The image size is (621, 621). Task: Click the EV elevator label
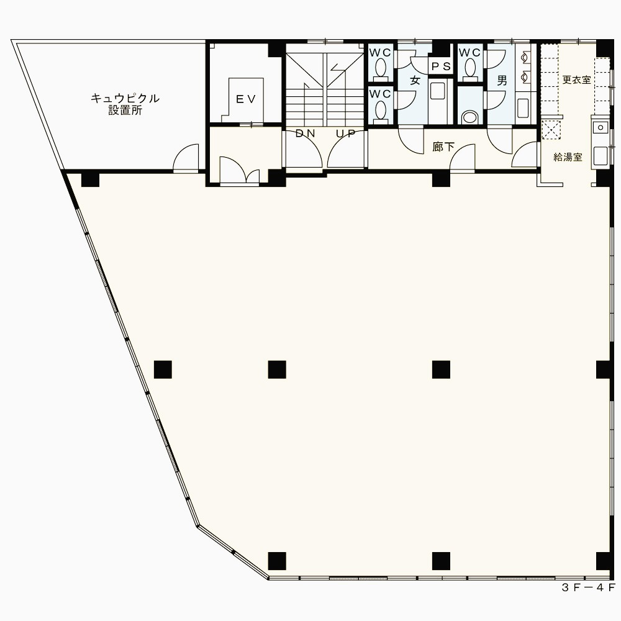[246, 99]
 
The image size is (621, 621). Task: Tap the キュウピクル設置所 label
[125, 104]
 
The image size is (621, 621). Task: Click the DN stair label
[306, 134]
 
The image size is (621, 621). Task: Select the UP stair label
[345, 134]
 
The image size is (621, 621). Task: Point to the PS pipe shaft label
[441, 66]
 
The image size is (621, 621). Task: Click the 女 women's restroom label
[415, 80]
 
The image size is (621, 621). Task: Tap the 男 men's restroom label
[502, 81]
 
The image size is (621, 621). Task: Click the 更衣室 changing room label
[577, 79]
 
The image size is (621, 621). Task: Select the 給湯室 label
[568, 157]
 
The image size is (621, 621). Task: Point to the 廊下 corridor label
[443, 147]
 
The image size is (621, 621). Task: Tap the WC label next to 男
[469, 52]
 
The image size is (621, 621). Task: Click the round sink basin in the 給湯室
[601, 127]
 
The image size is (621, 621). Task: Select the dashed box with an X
[551, 129]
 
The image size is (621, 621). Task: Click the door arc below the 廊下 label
[463, 158]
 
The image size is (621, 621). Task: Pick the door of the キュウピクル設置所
[186, 158]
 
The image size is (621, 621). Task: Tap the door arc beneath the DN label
[304, 150]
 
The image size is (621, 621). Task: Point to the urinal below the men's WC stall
[470, 117]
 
